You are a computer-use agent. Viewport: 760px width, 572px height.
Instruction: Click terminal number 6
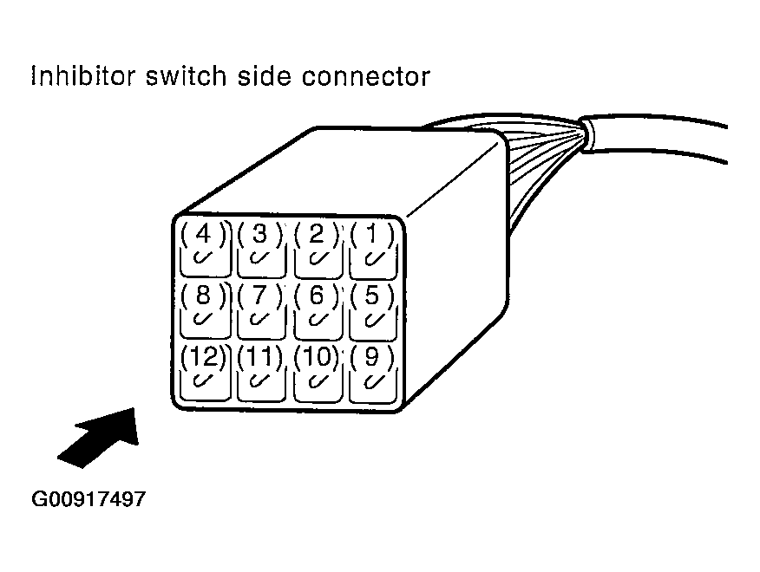click(x=317, y=307)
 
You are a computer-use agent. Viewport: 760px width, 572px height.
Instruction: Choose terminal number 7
click(x=259, y=307)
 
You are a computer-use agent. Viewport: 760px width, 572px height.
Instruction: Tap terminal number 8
click(x=203, y=307)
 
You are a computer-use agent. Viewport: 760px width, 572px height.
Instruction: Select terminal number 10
click(x=317, y=368)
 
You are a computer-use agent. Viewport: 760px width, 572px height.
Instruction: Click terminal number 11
click(x=259, y=368)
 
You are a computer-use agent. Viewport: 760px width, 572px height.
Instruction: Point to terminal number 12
click(x=203, y=368)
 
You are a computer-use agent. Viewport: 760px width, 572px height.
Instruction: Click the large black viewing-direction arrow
click(x=99, y=437)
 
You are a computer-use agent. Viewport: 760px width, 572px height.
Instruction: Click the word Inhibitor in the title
click(x=80, y=76)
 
